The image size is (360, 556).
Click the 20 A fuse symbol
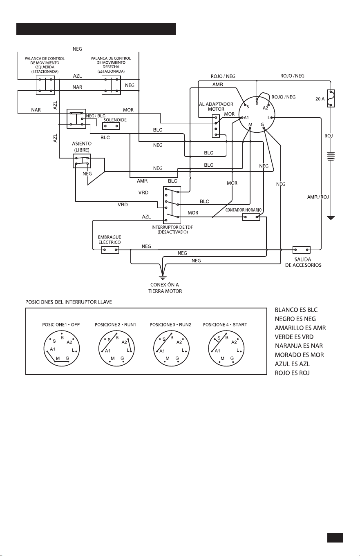click(x=331, y=98)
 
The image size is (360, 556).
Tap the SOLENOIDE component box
click(x=111, y=126)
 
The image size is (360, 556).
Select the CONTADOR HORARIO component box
click(x=251, y=217)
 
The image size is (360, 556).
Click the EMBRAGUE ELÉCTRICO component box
click(x=110, y=250)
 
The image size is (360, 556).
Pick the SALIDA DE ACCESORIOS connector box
click(x=302, y=250)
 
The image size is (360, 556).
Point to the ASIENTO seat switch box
click(x=82, y=161)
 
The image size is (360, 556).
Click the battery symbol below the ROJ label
click(x=331, y=156)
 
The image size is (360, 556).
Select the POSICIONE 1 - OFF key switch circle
click(x=62, y=348)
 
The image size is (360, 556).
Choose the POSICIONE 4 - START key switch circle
click(x=226, y=348)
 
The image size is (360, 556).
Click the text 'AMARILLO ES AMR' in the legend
click(x=300, y=328)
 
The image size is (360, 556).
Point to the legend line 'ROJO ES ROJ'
click(x=292, y=373)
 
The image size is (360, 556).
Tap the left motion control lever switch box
click(x=45, y=85)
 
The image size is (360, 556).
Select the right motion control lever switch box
click(x=111, y=85)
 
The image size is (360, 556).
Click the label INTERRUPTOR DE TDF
click(x=172, y=227)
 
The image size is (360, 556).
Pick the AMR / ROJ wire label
click(x=318, y=197)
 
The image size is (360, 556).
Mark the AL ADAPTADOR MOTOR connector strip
click(x=216, y=126)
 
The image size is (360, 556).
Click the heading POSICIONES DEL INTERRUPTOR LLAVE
click(x=69, y=302)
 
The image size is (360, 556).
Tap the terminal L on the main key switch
click(x=272, y=118)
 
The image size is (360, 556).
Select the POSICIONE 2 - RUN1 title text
click(x=116, y=325)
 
